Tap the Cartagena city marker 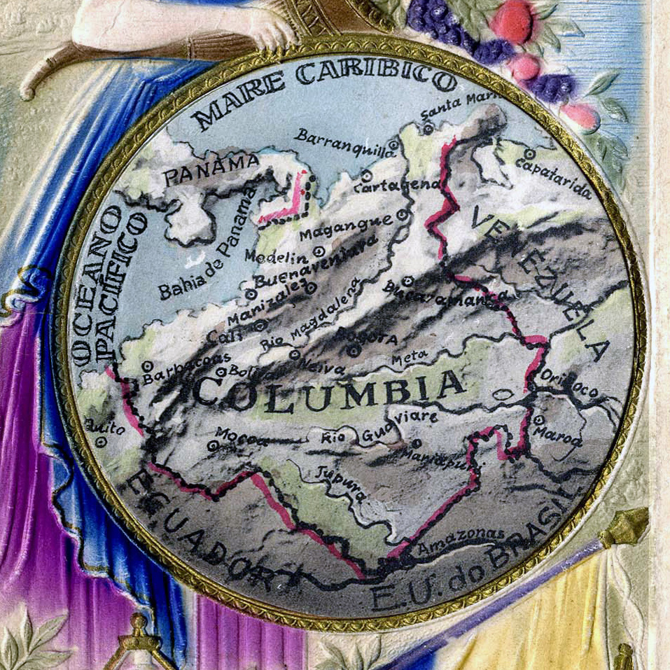pyautogui.click(x=367, y=175)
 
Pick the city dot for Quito pyautogui.click(x=102, y=442)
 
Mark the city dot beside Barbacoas pyautogui.click(x=147, y=365)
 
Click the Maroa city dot pyautogui.click(x=538, y=420)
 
